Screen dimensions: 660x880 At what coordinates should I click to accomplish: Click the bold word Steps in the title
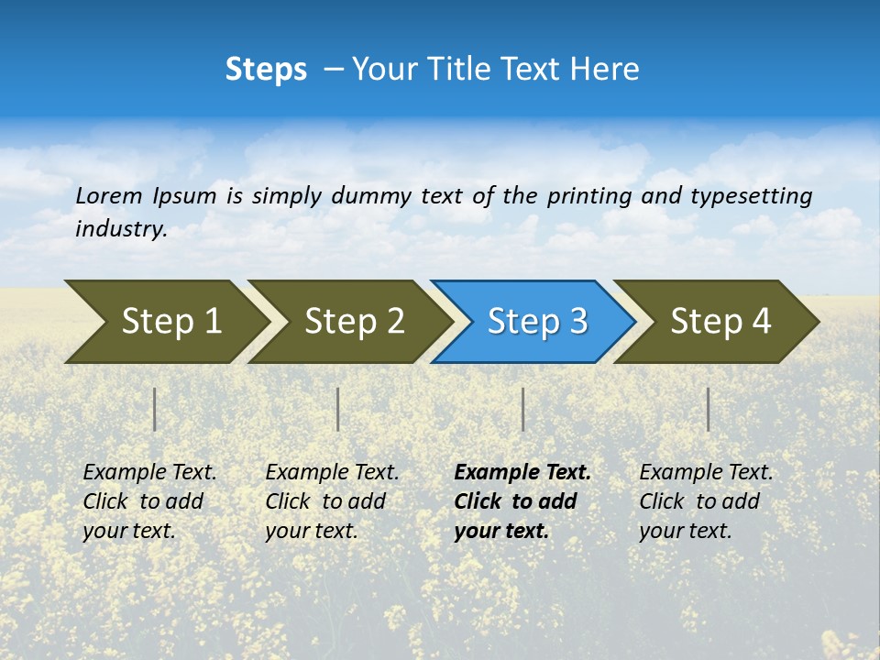coord(266,70)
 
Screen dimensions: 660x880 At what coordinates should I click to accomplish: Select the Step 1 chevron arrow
coord(165,322)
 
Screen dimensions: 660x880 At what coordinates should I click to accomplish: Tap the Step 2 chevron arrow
coord(348,322)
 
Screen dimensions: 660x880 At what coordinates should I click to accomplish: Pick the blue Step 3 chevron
coord(532,322)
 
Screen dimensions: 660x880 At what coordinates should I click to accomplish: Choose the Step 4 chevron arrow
coord(715,322)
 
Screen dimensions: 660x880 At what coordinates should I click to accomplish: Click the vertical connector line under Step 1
coord(155,409)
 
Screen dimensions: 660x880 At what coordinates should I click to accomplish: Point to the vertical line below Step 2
coord(338,409)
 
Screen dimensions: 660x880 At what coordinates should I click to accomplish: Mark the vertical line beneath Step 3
coord(523,409)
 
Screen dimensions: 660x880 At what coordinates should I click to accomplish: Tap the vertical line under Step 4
coord(709,409)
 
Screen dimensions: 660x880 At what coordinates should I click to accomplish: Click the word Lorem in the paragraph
coord(107,195)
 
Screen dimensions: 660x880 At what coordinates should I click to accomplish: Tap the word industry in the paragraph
coord(119,229)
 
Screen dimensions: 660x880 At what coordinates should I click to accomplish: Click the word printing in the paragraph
coord(588,196)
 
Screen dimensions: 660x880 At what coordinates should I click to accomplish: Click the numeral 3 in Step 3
coord(577,322)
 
